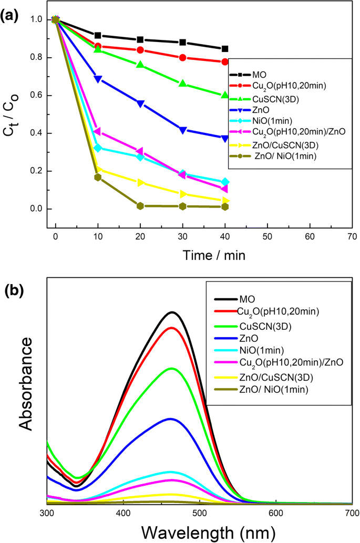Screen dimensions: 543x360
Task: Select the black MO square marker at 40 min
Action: tap(225, 49)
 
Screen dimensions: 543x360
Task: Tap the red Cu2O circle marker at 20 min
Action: tap(140, 50)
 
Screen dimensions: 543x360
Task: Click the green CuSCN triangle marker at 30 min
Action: tap(183, 84)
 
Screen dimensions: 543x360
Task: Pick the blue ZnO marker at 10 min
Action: tap(98, 79)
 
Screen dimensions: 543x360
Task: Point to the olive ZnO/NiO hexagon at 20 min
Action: tap(140, 206)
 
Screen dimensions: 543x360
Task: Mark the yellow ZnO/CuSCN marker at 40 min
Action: tap(225, 201)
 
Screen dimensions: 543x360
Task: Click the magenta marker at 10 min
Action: tap(98, 132)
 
